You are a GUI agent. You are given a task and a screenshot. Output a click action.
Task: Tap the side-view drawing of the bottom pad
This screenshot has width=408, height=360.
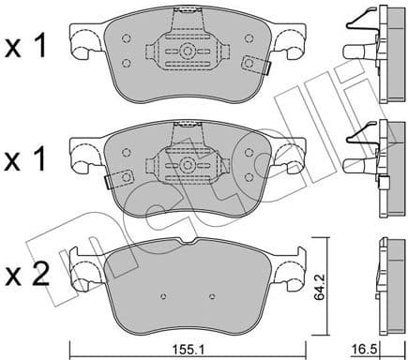point(383,281)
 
